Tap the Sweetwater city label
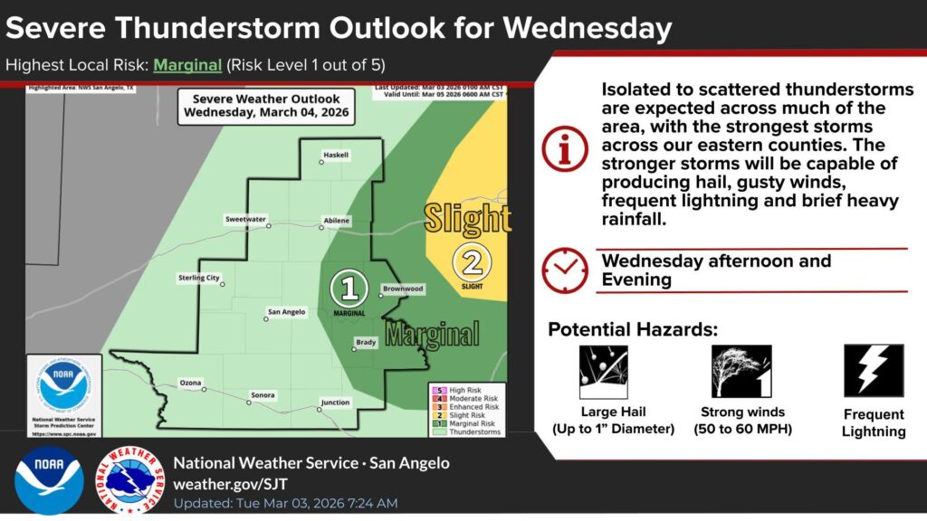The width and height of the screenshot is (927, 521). tap(245, 219)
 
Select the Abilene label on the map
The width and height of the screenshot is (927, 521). tap(336, 221)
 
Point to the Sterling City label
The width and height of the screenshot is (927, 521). tap(198, 278)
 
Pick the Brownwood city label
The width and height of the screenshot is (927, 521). tap(403, 289)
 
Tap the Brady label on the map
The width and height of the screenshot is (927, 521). tap(366, 342)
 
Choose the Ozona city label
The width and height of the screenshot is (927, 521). tap(190, 383)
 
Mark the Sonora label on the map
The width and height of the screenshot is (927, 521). tap(263, 394)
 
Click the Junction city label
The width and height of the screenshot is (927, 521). tap(335, 403)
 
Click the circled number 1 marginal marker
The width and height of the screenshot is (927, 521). tap(349, 289)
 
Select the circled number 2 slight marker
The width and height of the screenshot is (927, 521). tap(472, 262)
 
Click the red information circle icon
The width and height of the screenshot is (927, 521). tap(565, 149)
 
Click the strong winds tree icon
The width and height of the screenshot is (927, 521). tap(734, 372)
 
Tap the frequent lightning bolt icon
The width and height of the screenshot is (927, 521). tap(874, 371)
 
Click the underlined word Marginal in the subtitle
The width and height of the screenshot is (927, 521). tap(186, 65)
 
